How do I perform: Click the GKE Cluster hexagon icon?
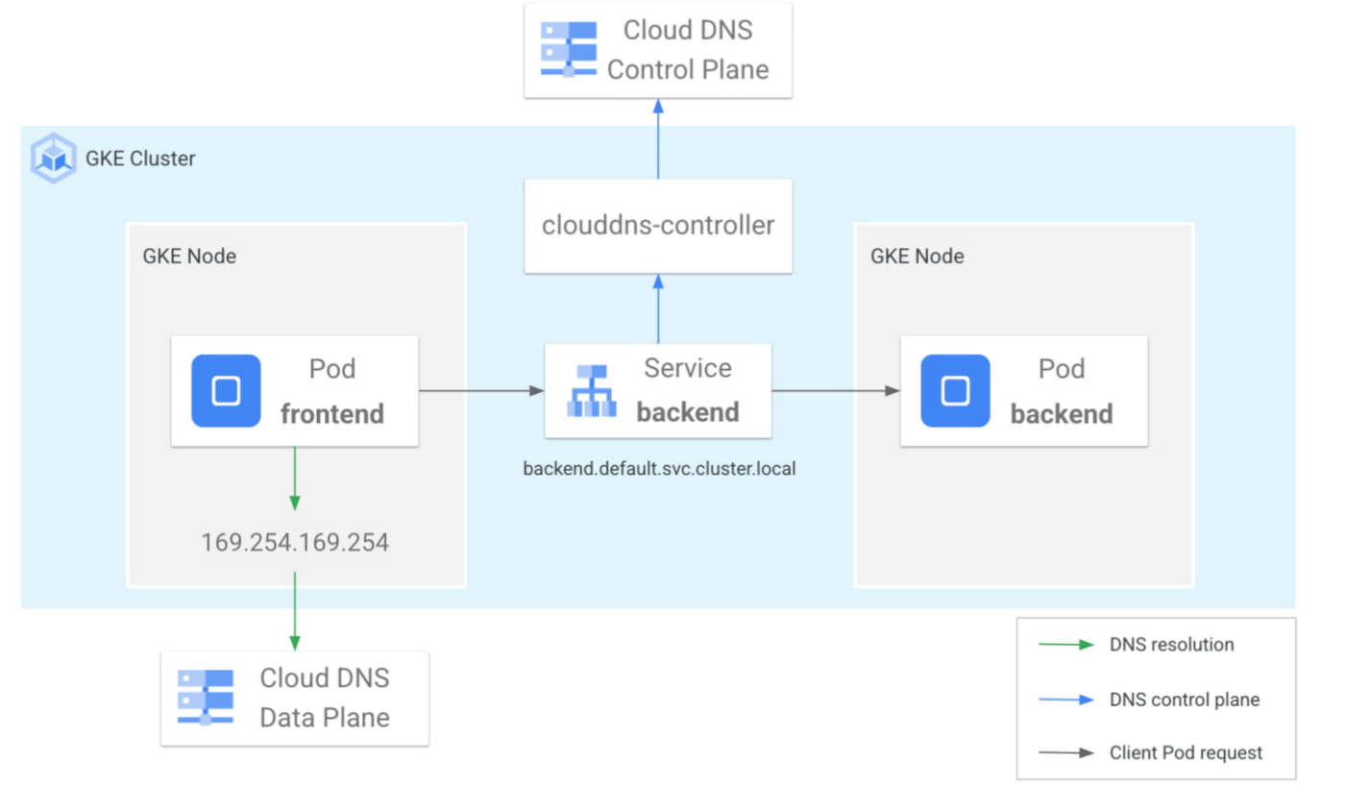pos(53,158)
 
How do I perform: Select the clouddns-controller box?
pos(658,226)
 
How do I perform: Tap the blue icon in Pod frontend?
pos(226,391)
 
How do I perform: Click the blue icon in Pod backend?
pos(955,391)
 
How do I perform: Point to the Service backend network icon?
pos(592,391)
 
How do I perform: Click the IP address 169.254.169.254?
pos(295,543)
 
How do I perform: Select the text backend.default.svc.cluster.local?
pos(659,470)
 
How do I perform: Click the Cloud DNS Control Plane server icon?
pos(568,48)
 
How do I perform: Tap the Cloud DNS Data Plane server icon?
pos(205,698)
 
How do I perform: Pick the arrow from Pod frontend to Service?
pos(481,391)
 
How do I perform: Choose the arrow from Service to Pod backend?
pos(836,391)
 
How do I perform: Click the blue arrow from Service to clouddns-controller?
pos(658,308)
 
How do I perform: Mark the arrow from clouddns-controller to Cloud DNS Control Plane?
pos(658,138)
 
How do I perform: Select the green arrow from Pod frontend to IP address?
pos(295,478)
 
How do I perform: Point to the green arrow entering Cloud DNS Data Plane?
pos(295,611)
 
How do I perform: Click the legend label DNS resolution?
pos(1171,645)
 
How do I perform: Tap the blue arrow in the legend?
pos(1066,700)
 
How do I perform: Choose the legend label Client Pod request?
pos(1186,753)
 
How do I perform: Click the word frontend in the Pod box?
pos(331,414)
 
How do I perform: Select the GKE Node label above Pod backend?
pos(917,257)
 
